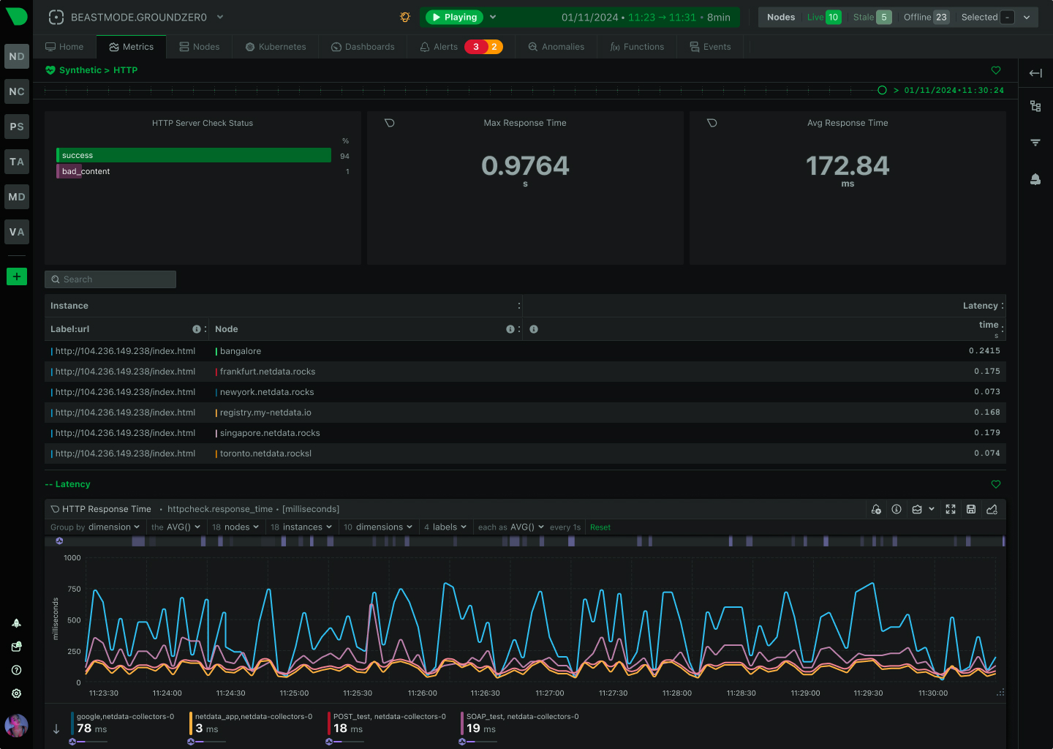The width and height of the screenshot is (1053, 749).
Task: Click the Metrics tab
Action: [x=132, y=47]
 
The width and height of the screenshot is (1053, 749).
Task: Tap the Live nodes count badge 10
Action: [x=833, y=17]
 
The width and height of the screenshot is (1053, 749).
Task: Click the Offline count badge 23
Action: [x=941, y=17]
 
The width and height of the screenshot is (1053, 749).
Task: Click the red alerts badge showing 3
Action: [x=476, y=47]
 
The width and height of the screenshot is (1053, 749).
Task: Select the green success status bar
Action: [x=194, y=155]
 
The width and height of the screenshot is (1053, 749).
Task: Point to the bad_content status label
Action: [x=86, y=171]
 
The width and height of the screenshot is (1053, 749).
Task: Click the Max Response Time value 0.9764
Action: [x=525, y=166]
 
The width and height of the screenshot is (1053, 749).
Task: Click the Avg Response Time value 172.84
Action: [x=848, y=166]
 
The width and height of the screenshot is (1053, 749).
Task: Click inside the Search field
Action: [x=110, y=279]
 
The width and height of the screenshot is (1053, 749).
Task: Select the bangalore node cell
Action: [x=241, y=351]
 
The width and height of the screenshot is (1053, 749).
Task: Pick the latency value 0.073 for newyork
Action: [x=986, y=392]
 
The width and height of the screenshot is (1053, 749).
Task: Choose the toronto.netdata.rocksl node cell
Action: [x=265, y=453]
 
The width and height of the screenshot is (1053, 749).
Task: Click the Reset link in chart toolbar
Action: [x=600, y=527]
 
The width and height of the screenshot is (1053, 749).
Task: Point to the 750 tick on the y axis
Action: [x=74, y=589]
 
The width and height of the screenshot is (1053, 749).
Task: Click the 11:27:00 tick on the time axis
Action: [x=549, y=693]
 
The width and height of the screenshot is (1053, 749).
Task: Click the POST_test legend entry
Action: [x=389, y=717]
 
